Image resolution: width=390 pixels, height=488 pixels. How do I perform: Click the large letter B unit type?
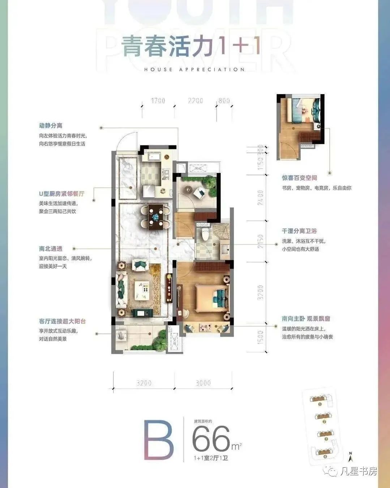point(159,440)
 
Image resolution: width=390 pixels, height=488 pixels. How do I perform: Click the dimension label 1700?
point(158,101)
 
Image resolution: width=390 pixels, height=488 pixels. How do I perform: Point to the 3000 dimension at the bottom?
point(203,383)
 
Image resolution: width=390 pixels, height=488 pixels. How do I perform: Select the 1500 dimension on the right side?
point(261,337)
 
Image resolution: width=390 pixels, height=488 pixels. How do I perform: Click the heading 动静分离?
point(51,126)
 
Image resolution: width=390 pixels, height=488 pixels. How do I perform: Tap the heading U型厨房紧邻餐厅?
point(61,194)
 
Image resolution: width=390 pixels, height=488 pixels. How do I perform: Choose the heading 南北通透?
point(51,249)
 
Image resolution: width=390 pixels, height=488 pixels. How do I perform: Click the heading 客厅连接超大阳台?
point(62,321)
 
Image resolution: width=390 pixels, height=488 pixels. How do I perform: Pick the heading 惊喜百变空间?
point(299,178)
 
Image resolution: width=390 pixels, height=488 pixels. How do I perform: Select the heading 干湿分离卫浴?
point(299,231)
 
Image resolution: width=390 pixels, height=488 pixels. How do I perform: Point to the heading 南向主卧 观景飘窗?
point(306,319)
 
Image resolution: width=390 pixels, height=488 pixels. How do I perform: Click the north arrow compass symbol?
point(350,457)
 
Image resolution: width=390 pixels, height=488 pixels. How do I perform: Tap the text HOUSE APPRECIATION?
point(194,69)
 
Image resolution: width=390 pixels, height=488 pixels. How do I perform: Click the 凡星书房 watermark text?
point(359,471)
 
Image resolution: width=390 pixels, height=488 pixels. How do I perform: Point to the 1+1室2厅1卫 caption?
point(211,458)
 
